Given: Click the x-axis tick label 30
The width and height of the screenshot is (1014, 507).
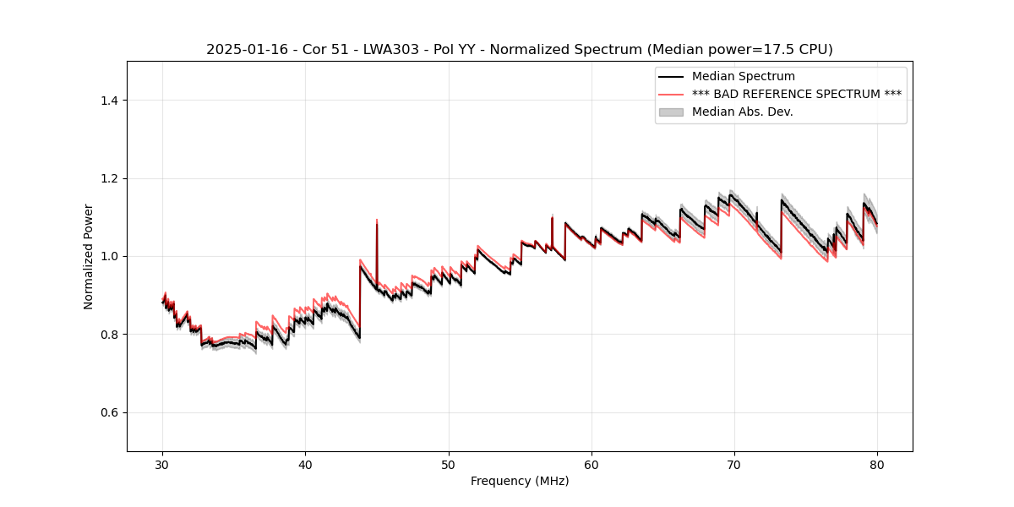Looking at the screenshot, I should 162,465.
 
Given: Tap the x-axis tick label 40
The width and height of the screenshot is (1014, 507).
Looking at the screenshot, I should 305,465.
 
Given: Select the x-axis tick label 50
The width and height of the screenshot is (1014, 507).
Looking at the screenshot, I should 448,465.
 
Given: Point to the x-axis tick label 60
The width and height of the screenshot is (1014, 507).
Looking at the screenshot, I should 591,465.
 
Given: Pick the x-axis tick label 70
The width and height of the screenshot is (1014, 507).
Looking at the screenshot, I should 734,465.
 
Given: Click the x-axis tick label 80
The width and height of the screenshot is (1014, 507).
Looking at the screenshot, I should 877,465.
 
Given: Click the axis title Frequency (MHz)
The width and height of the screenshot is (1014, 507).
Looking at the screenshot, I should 520,481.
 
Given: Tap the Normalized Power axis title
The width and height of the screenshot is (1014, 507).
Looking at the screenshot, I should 89,256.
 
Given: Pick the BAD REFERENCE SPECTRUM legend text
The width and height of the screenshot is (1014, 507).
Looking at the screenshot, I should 796,94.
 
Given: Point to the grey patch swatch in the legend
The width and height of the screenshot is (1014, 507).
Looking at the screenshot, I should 671,112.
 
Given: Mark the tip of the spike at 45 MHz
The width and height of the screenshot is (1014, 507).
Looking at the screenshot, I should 377,220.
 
